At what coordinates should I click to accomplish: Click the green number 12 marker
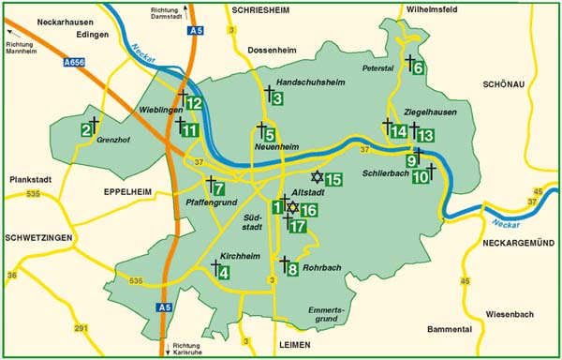(195, 103)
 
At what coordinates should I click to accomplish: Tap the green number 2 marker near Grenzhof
(85, 129)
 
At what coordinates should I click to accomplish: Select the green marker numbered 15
(333, 179)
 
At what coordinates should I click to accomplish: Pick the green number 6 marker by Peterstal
(417, 67)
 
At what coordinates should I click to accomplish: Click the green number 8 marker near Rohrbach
(292, 270)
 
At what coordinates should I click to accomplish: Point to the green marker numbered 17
(299, 226)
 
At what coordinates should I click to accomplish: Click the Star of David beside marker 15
(317, 177)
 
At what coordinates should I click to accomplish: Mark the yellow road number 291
(81, 328)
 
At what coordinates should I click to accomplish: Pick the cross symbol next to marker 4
(213, 267)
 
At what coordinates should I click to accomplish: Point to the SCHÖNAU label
(508, 83)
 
